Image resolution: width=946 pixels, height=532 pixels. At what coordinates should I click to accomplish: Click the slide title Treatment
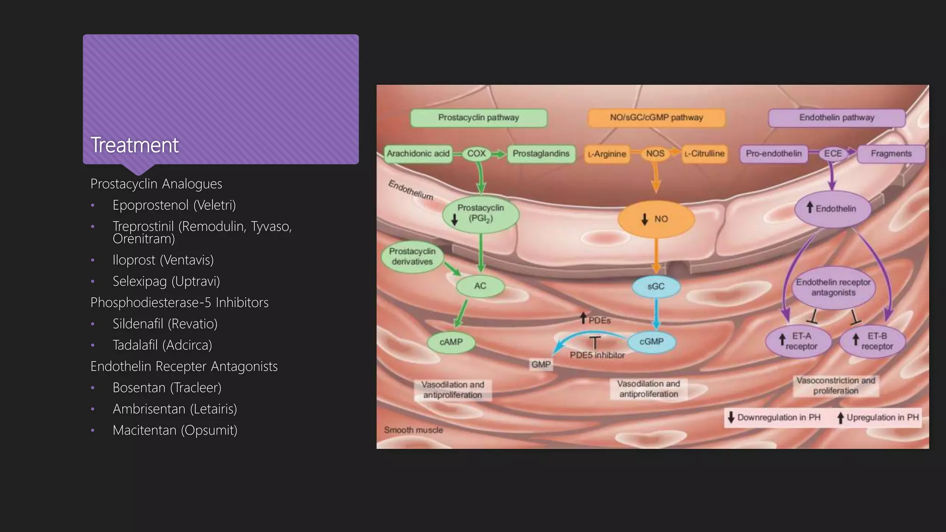[x=134, y=145]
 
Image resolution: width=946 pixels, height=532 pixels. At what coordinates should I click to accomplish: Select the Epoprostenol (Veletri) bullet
[x=174, y=205]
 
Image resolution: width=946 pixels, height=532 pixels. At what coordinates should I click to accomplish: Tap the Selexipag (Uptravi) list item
[x=166, y=281]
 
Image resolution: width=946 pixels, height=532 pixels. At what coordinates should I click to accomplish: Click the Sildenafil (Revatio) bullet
[x=165, y=324]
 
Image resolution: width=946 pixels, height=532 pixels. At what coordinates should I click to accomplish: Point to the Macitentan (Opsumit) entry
[x=175, y=430]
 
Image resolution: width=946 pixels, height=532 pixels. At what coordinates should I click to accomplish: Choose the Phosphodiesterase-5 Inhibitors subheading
[x=179, y=302]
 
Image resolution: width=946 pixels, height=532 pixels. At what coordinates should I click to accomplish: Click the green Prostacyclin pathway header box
[x=479, y=118]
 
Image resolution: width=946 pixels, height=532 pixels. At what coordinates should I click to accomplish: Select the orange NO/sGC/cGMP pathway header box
[x=656, y=118]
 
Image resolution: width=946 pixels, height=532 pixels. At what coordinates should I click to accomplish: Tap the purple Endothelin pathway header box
[x=837, y=118]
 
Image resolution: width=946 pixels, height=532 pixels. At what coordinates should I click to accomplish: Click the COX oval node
[x=476, y=153]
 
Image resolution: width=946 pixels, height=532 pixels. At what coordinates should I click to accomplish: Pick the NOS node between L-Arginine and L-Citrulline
[x=655, y=153]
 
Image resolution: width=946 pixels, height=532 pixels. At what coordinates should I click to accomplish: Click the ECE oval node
[x=833, y=153]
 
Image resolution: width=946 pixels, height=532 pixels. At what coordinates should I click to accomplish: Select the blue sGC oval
[x=655, y=286]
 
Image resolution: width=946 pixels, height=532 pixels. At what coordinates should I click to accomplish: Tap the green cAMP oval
[x=451, y=342]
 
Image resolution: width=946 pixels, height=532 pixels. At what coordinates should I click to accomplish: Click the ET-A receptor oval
[x=799, y=341]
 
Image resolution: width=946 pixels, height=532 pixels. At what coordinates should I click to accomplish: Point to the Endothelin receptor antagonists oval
[x=833, y=287]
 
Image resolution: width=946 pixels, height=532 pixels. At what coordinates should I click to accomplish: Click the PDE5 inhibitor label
[x=597, y=355]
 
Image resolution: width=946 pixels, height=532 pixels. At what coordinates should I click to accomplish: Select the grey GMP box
[x=541, y=364]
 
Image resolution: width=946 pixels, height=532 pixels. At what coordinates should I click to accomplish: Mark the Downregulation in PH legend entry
[x=774, y=417]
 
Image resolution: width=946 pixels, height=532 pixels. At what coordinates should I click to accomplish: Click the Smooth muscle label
[x=413, y=430]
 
